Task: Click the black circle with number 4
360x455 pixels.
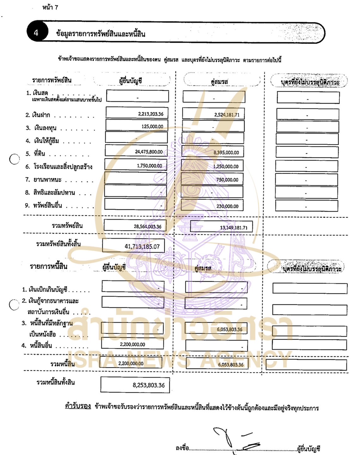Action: (x=36, y=33)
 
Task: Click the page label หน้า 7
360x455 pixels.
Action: (x=50, y=7)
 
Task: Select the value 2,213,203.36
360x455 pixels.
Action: (x=150, y=114)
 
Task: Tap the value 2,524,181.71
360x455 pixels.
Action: (x=227, y=115)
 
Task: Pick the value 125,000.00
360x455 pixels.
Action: (x=152, y=126)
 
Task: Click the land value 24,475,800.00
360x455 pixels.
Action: (x=149, y=152)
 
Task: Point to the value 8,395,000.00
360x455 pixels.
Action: (x=226, y=152)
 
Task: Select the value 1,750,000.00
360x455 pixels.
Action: (x=149, y=166)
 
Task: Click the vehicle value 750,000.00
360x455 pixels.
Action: (x=227, y=180)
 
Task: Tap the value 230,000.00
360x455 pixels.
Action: (x=227, y=206)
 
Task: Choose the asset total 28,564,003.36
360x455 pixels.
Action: (x=147, y=226)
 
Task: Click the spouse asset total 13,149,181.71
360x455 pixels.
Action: (x=234, y=228)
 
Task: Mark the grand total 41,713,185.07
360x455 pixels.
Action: (x=142, y=246)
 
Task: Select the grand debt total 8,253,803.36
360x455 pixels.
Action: (x=149, y=385)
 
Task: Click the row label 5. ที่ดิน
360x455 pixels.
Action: (x=35, y=154)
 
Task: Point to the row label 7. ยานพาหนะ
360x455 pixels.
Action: (x=43, y=180)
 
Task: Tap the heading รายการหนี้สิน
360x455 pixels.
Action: (x=48, y=266)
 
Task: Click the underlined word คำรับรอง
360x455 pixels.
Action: (x=78, y=406)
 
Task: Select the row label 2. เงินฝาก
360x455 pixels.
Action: (x=38, y=115)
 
